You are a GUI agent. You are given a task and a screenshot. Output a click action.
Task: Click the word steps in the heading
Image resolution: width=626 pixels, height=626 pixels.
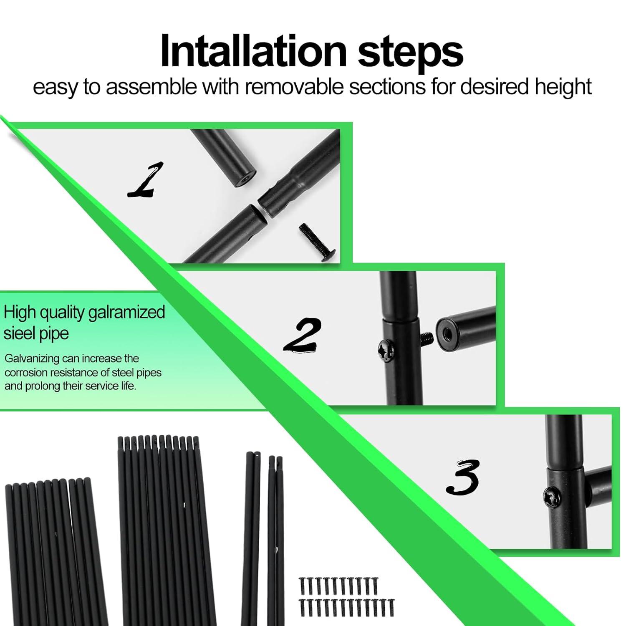(411, 53)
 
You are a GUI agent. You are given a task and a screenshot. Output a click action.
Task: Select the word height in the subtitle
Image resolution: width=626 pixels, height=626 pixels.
(563, 88)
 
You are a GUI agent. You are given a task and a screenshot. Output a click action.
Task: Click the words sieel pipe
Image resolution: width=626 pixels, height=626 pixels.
(36, 334)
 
